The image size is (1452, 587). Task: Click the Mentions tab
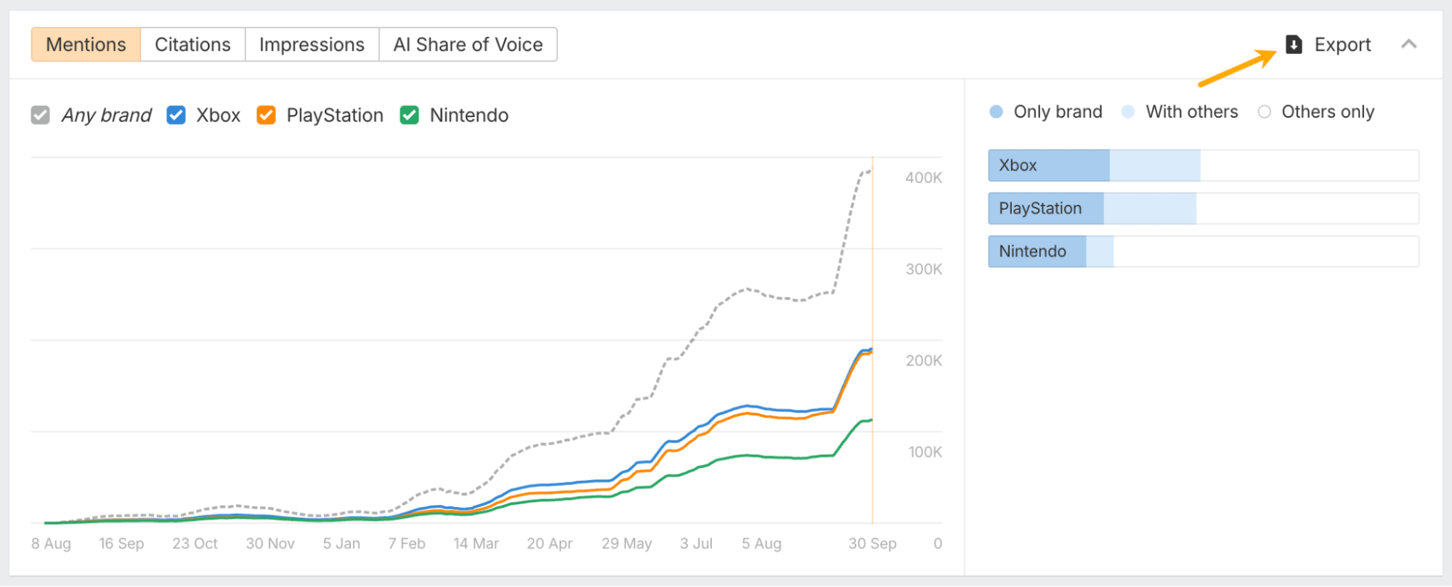[86, 44]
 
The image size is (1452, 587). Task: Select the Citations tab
[192, 44]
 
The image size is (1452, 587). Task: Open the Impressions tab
[312, 44]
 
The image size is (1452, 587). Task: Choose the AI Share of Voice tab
[468, 44]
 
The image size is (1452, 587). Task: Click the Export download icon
[1294, 44]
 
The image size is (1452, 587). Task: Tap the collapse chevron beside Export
[1408, 44]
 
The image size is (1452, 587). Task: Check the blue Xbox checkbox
[177, 115]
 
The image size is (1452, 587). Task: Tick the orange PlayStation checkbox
[267, 115]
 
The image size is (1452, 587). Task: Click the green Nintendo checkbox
[410, 115]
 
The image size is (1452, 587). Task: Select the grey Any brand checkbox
[41, 115]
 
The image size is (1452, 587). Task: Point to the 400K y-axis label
[923, 177]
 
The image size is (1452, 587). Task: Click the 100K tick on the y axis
[925, 452]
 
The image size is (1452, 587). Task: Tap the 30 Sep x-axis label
[872, 543]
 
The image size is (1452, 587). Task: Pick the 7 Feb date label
[407, 543]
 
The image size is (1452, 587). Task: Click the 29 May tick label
[626, 543]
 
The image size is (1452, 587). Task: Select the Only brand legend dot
[997, 112]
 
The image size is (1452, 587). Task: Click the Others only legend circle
[1265, 112]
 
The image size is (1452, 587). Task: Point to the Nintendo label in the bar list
[1032, 251]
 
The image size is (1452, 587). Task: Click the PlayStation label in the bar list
[1040, 209]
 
